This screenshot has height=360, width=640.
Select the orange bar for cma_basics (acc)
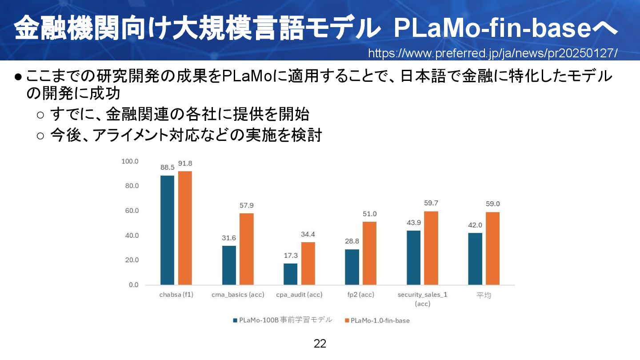pos(246,249)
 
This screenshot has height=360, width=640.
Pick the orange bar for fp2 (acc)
pos(369,253)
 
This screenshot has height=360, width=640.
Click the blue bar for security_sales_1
pos(413,258)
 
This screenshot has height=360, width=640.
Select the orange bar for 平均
pos(492,248)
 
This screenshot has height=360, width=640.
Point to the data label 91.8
pos(185,163)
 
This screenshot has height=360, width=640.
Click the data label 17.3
pos(290,256)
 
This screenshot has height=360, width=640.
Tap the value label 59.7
pos(431,203)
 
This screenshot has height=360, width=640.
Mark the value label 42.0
pos(475,225)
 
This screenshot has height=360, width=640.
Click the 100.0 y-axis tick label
pos(130,161)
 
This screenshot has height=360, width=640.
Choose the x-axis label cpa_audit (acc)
pos(299,295)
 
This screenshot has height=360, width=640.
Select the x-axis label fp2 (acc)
pos(360,295)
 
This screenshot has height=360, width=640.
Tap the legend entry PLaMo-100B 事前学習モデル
pos(285,320)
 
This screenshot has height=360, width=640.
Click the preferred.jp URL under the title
pos(492,53)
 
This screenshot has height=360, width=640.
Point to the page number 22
pos(320,344)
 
